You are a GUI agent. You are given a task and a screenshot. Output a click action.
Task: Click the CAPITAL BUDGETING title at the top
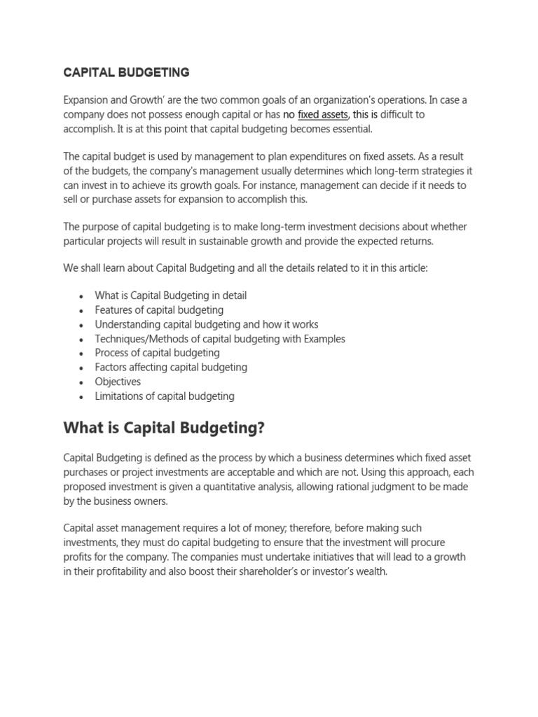[x=126, y=72]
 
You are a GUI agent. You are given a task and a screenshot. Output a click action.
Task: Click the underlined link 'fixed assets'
[x=323, y=115]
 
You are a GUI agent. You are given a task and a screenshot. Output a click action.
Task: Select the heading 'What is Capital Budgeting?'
[x=165, y=427]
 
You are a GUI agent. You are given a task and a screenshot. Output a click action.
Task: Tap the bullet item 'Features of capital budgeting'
[x=159, y=309]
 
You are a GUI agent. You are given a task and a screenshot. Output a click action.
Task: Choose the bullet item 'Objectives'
[x=118, y=382]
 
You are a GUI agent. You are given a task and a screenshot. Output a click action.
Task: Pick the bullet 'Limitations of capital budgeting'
[x=165, y=396]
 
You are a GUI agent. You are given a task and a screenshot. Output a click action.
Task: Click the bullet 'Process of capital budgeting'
[x=157, y=353]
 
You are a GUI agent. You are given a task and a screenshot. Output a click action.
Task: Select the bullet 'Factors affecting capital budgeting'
[x=171, y=367]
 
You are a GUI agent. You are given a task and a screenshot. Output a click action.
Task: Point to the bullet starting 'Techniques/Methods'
[x=220, y=339]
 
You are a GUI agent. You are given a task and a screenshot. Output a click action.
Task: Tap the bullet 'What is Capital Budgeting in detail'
[x=171, y=295]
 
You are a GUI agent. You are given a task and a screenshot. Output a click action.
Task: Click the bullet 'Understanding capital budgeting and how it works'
[x=207, y=324]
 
